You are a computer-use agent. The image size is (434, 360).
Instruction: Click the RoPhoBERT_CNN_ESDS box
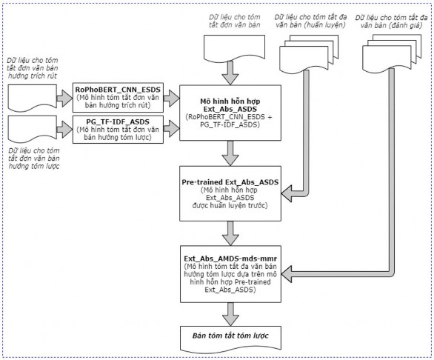pyautogui.click(x=118, y=98)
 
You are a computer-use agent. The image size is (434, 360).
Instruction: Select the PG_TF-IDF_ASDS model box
pyautogui.click(x=118, y=130)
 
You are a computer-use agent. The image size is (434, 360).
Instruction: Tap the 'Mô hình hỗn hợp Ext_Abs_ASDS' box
pyautogui.click(x=230, y=113)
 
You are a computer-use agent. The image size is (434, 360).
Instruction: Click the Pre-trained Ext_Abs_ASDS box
pyautogui.click(x=230, y=193)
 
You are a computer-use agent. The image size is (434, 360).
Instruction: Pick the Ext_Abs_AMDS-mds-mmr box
pyautogui.click(x=230, y=274)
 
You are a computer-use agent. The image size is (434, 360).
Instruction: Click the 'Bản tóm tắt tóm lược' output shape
pyautogui.click(x=230, y=338)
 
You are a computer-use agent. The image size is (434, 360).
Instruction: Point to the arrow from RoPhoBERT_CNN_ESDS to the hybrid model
pyautogui.click(x=171, y=98)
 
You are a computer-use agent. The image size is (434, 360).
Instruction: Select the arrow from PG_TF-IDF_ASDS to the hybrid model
pyautogui.click(x=171, y=129)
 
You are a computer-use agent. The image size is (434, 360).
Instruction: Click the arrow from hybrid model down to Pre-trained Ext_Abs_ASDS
pyautogui.click(x=230, y=153)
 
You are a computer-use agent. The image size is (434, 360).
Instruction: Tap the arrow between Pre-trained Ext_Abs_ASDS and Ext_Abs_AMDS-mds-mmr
pyautogui.click(x=230, y=233)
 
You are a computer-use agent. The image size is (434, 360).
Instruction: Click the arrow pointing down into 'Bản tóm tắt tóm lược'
pyautogui.click(x=230, y=314)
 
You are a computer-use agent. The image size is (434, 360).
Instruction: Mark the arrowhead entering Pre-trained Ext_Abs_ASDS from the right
pyautogui.click(x=286, y=193)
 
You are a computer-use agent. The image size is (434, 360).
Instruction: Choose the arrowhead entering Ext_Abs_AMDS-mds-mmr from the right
pyautogui.click(x=286, y=274)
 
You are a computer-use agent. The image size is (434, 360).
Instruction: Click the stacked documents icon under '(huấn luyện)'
pyautogui.click(x=309, y=53)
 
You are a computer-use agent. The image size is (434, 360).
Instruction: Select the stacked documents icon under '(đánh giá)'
pyautogui.click(x=392, y=53)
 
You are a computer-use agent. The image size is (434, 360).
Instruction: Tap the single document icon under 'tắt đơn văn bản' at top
pyautogui.click(x=234, y=47)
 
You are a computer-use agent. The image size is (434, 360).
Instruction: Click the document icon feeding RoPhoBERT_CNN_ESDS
pyautogui.click(x=33, y=98)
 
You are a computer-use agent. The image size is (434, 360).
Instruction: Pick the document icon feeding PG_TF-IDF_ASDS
pyautogui.click(x=33, y=129)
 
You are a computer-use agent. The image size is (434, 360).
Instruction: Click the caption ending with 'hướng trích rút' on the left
pyautogui.click(x=33, y=68)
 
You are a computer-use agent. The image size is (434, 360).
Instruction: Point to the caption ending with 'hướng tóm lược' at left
pyautogui.click(x=34, y=158)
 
